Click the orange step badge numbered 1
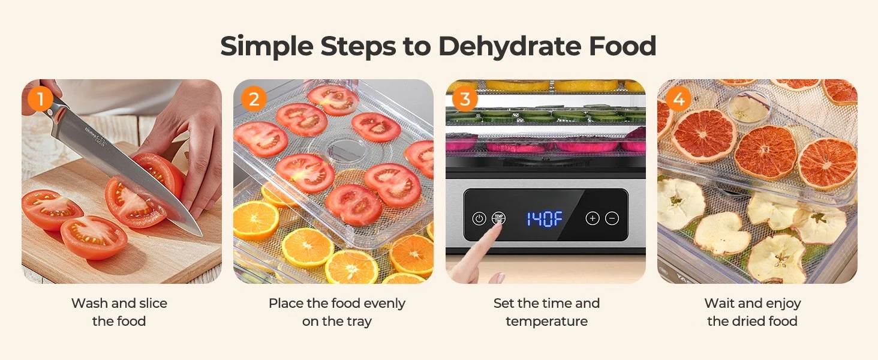(40, 98)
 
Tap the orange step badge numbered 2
(254, 98)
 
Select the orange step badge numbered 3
(465, 98)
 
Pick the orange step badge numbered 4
(678, 98)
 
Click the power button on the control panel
(479, 218)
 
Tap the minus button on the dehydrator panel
(612, 218)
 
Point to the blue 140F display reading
(545, 218)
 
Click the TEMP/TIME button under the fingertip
(498, 218)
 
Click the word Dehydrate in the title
(510, 47)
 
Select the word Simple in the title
(266, 47)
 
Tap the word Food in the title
(623, 46)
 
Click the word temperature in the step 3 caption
(546, 322)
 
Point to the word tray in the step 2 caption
(359, 322)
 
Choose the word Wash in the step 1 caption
(89, 303)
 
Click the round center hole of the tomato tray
(340, 150)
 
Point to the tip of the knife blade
(202, 235)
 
